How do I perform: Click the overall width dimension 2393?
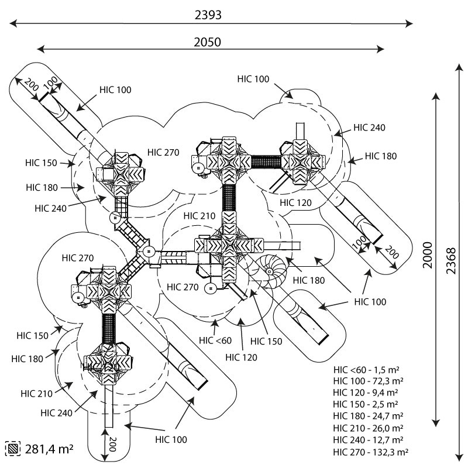208,15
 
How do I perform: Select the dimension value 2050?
208,42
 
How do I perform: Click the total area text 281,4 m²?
49,449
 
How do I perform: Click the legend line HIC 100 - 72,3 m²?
367,381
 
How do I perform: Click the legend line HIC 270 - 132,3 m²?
370,452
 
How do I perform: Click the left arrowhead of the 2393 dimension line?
12,23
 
